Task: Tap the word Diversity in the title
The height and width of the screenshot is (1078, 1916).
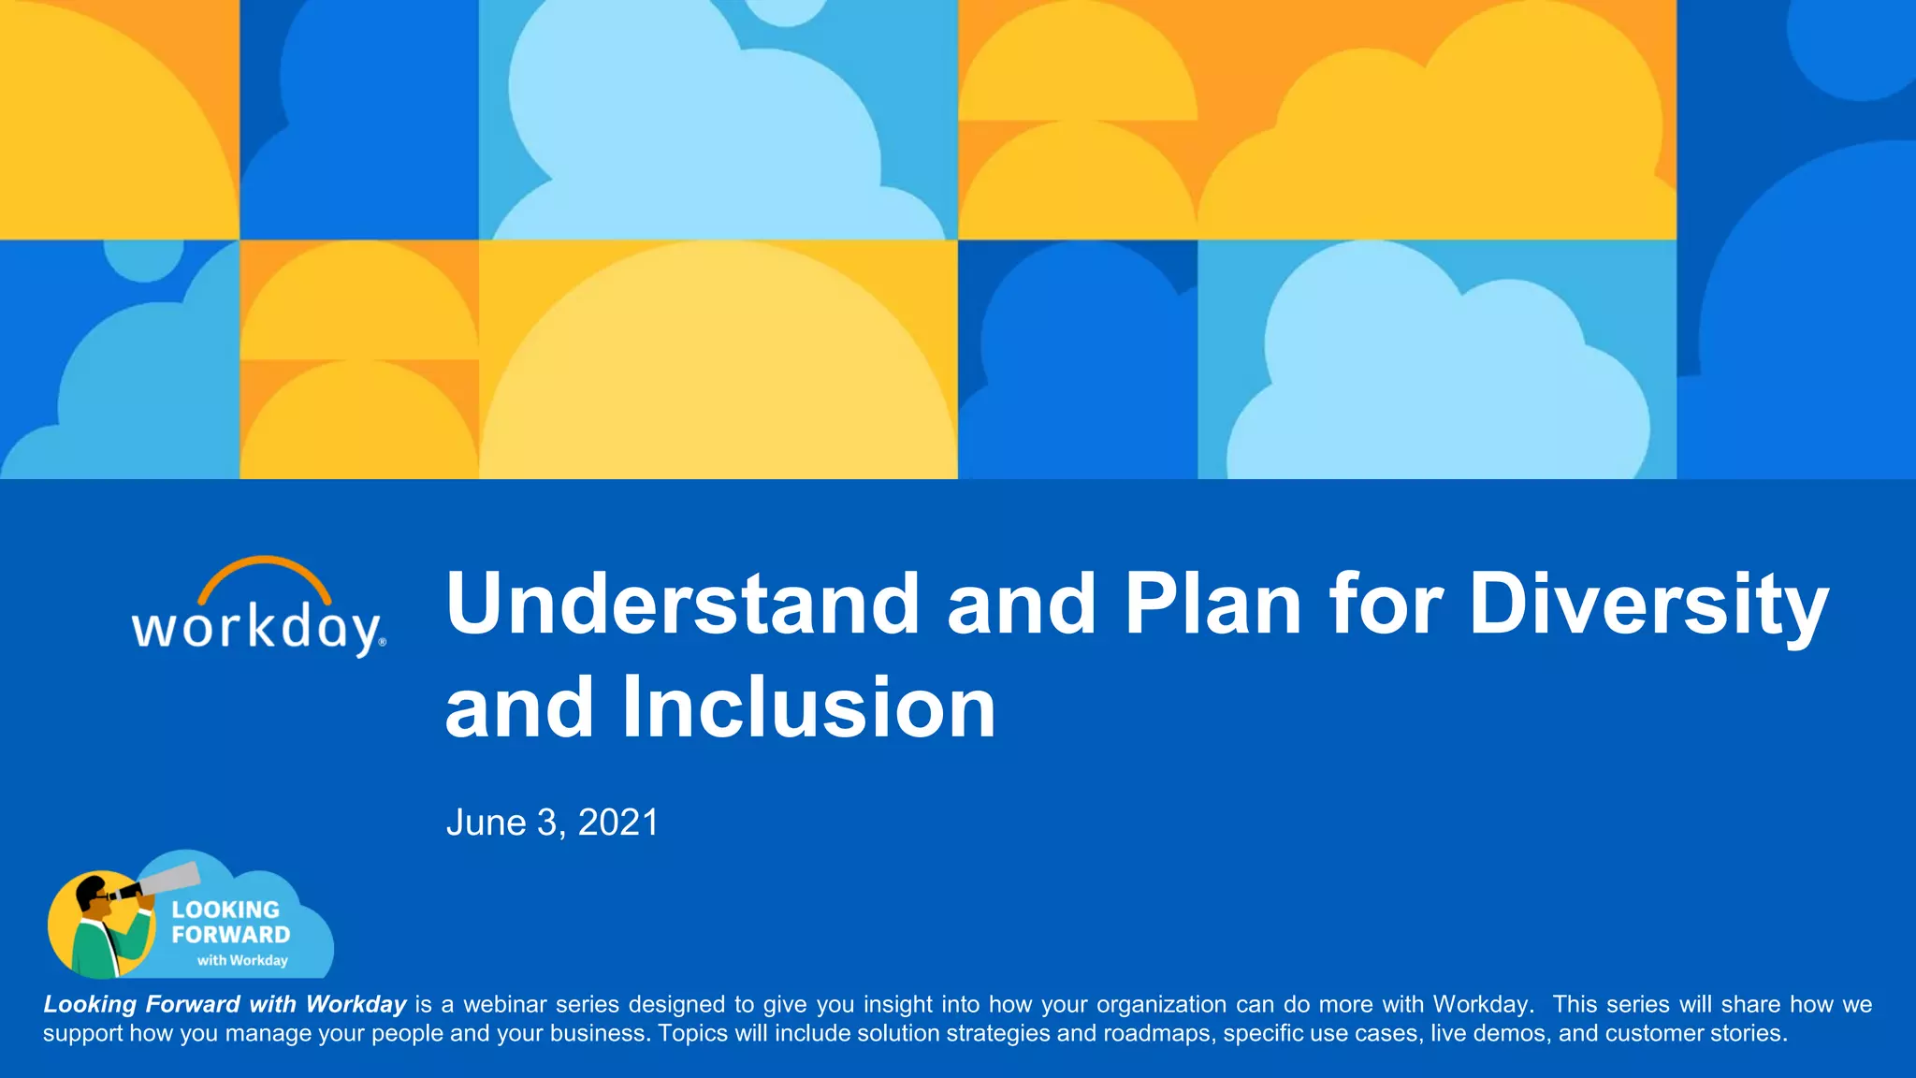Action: [1648, 604]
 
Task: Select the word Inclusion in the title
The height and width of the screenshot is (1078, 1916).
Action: [808, 708]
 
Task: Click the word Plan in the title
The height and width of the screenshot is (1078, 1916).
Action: [1212, 604]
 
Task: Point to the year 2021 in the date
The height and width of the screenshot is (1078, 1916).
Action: [618, 823]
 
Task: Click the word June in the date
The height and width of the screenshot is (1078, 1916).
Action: [486, 823]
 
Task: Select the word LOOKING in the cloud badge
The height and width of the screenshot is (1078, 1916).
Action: [225, 910]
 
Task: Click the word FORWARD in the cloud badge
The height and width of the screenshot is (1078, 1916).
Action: [230, 935]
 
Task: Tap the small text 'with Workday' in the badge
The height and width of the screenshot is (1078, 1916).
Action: [242, 960]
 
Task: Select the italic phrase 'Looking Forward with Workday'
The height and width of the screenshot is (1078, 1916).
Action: [225, 1004]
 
